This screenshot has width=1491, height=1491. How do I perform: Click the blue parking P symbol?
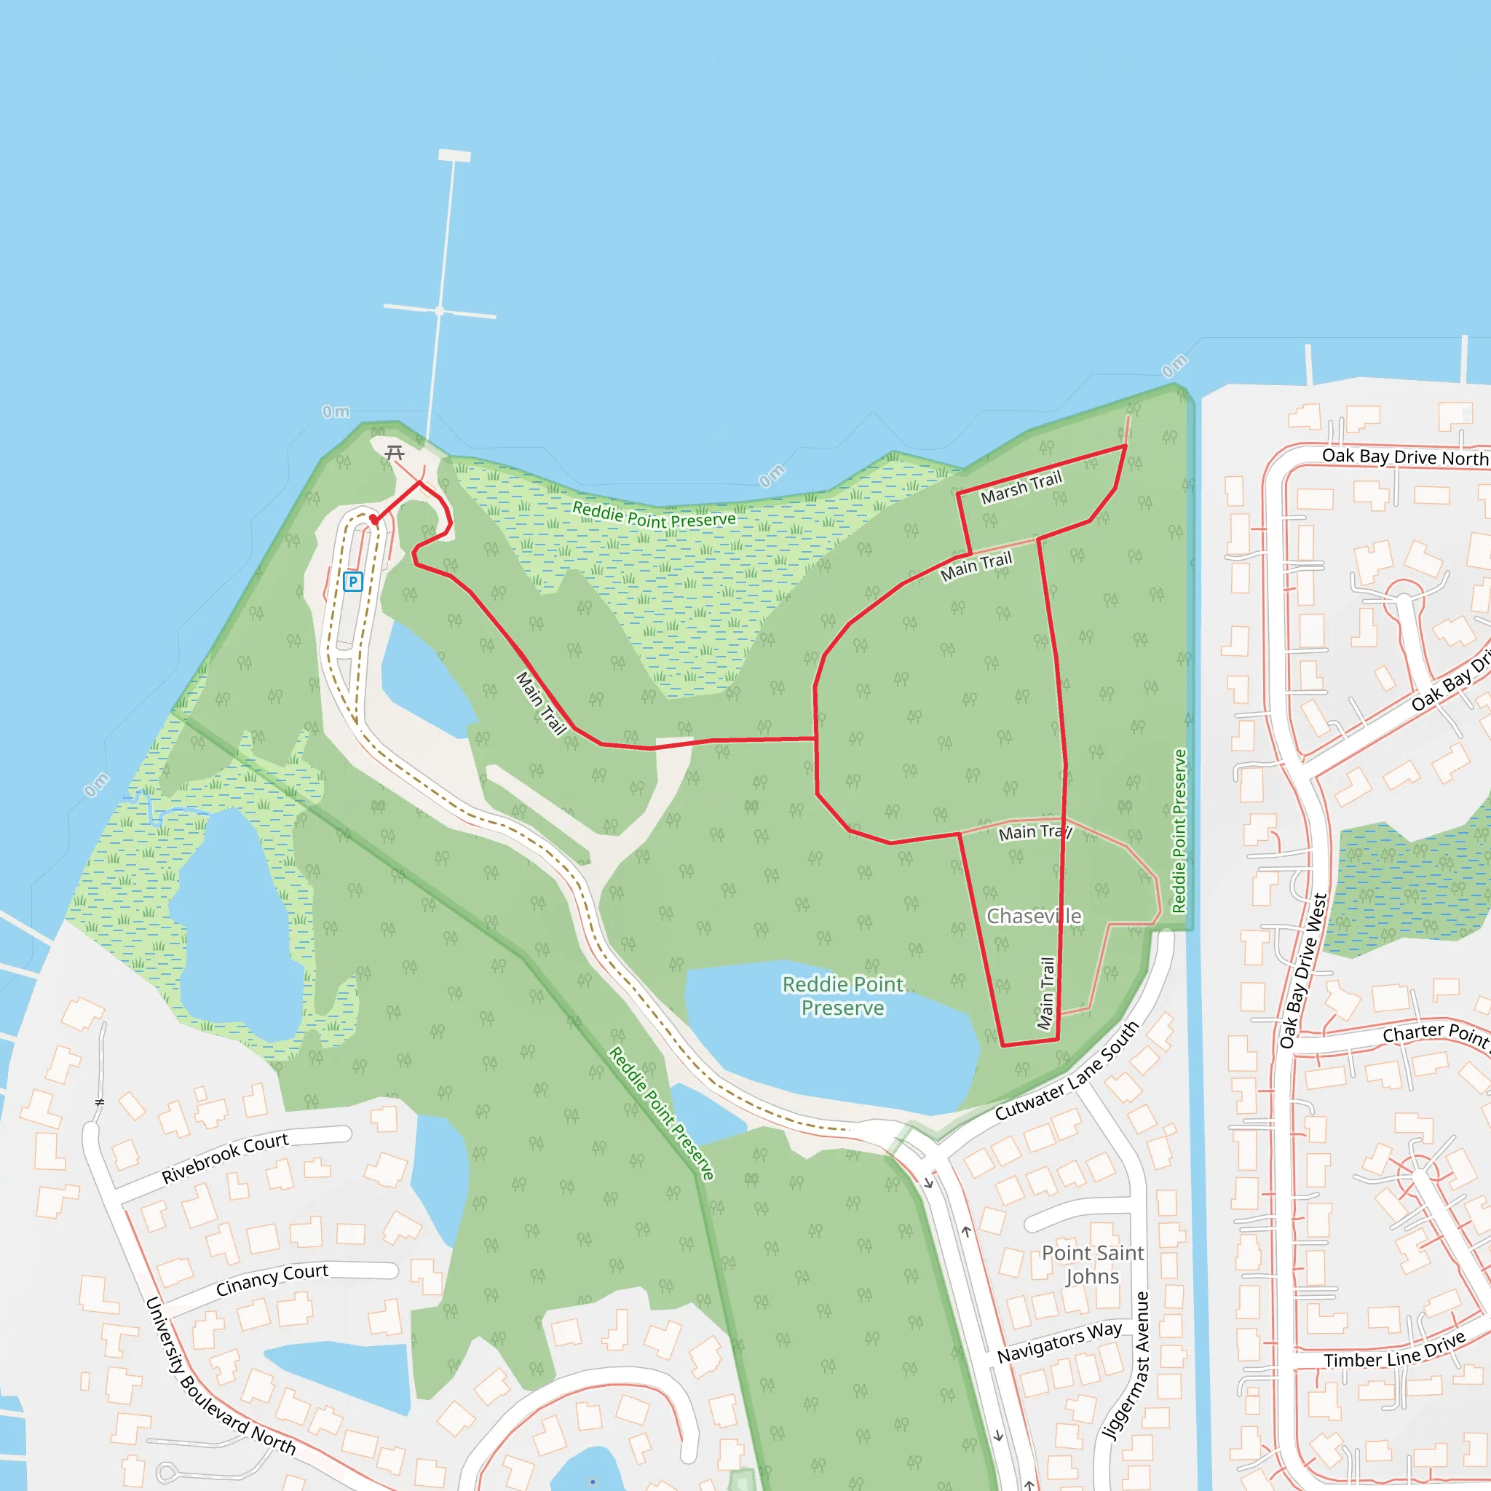coord(352,582)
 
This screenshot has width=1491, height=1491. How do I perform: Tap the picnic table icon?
coord(395,452)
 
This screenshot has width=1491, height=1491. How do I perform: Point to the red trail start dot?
coord(374,519)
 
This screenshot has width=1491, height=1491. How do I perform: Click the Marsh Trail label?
coord(1021,489)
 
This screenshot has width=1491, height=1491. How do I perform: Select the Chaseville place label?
coord(1034,916)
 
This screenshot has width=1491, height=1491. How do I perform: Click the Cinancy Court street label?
coord(272,1280)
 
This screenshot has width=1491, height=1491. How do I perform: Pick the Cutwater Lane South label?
coord(1067,1071)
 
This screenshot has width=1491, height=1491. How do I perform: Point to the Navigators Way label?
coord(1059,1342)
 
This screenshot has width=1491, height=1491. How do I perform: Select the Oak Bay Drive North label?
coord(1404,457)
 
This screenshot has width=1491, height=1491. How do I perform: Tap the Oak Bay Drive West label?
coord(1303,971)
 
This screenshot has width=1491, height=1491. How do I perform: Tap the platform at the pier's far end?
coord(454,155)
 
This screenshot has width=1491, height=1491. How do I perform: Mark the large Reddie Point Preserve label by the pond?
coord(843,997)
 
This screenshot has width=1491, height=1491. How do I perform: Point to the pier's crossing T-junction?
coord(440,311)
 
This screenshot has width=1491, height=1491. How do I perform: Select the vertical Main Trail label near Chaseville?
coord(1046,993)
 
